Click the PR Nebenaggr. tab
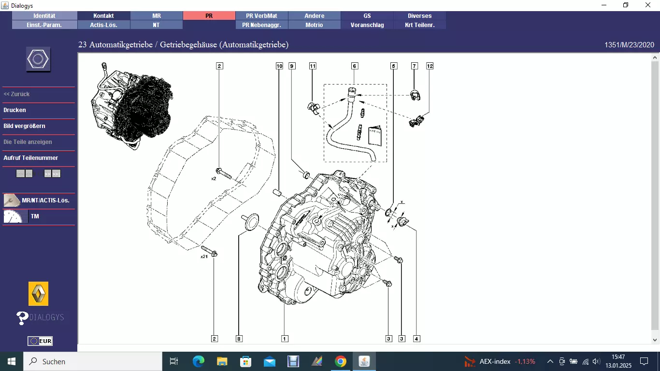click(262, 25)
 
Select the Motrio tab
click(314, 25)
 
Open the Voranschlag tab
click(367, 25)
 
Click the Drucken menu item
click(15, 110)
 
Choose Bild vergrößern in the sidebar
click(24, 126)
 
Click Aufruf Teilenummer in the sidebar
click(30, 158)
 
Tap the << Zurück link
click(16, 94)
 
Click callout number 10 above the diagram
click(279, 66)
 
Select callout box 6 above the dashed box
click(354, 66)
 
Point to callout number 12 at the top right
click(430, 66)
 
